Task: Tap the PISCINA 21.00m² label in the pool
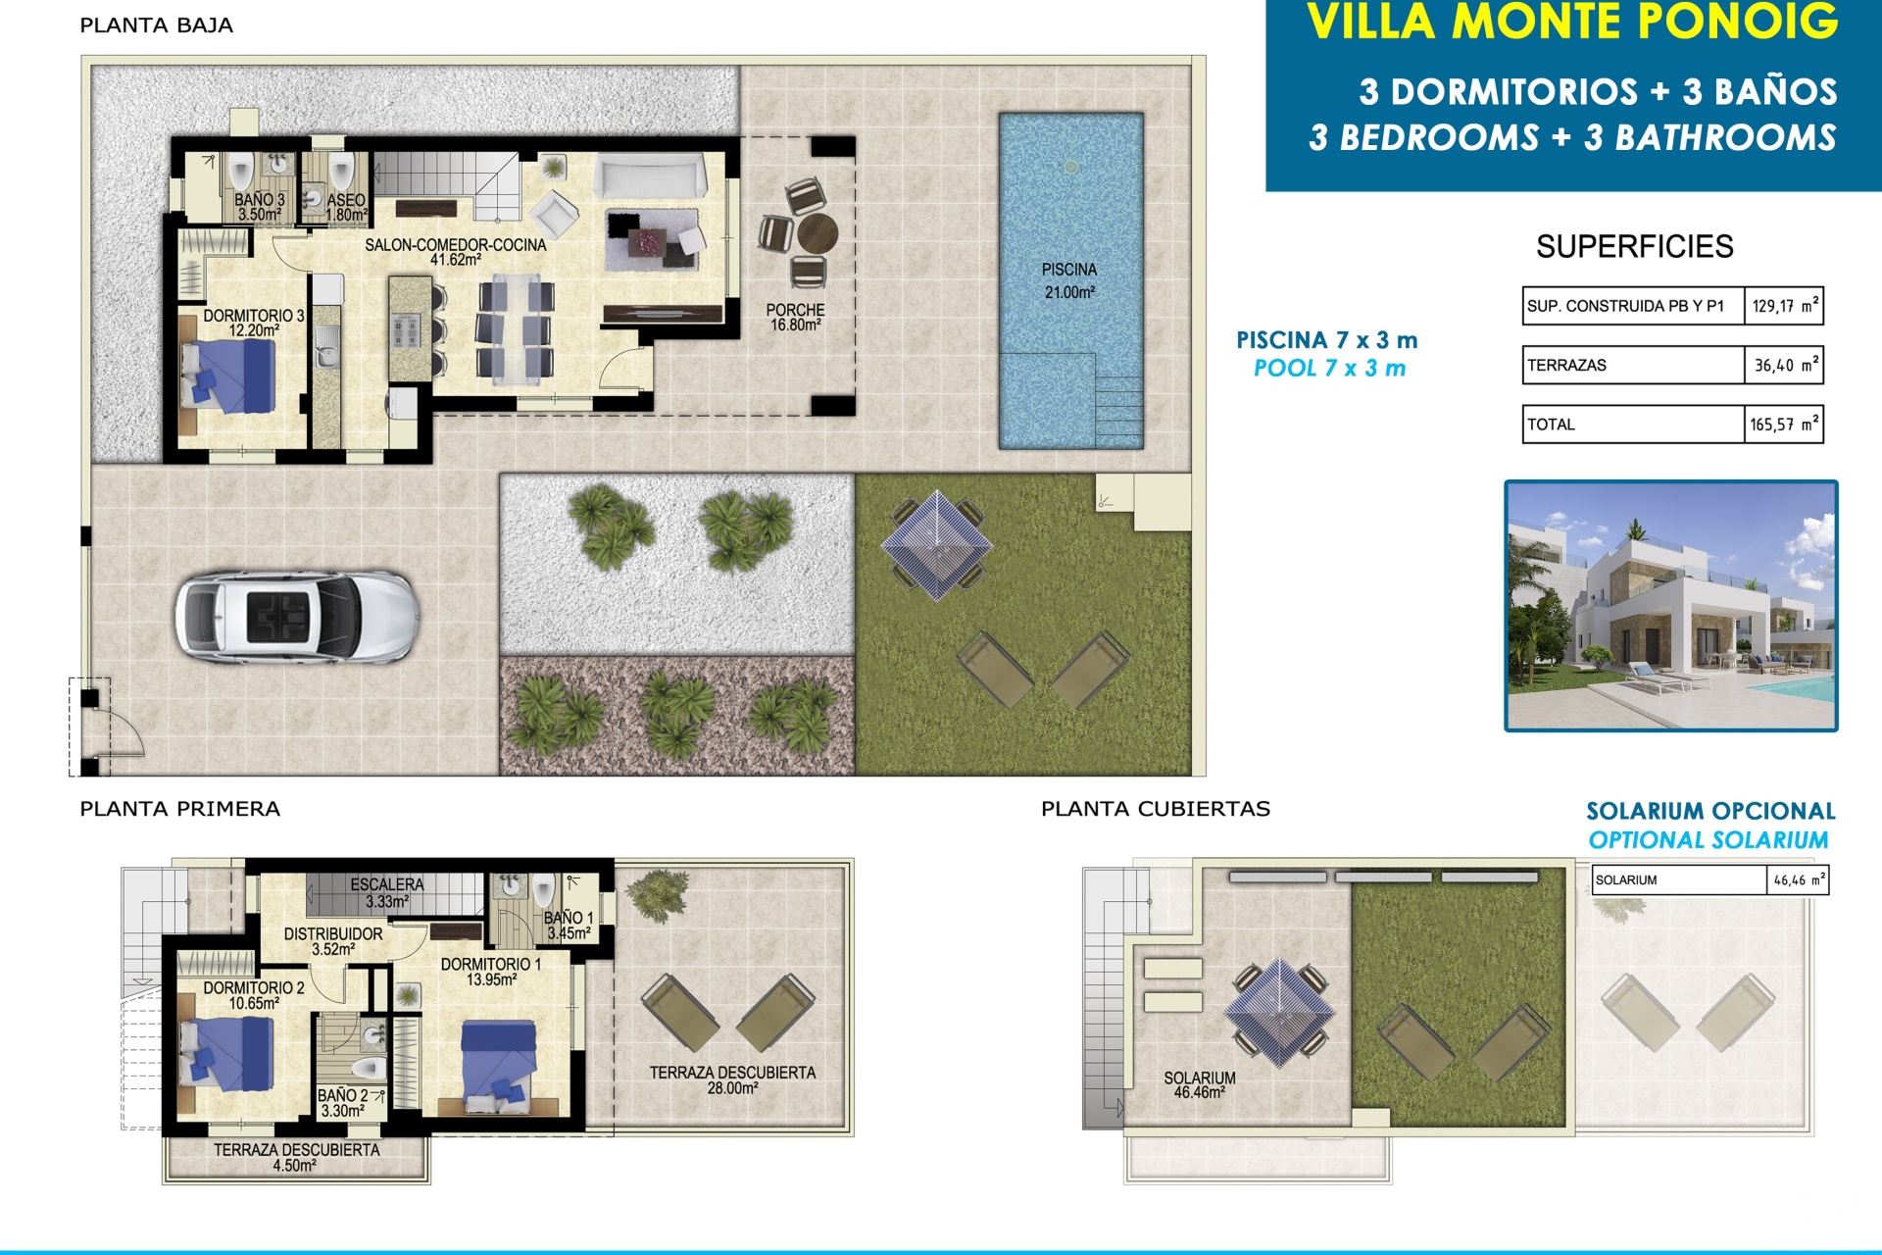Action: tap(1069, 280)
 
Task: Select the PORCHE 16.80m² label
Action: tap(795, 317)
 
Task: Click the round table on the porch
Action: tap(817, 234)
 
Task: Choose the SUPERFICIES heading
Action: tap(1634, 246)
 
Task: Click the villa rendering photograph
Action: tap(1671, 606)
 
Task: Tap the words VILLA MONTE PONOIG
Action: tap(1572, 22)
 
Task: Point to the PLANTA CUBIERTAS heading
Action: tap(1156, 809)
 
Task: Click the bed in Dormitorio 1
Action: tap(499, 1066)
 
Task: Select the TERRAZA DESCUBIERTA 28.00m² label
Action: tap(732, 1079)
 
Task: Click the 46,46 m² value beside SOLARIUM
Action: tap(1799, 880)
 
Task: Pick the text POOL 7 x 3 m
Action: tap(1329, 369)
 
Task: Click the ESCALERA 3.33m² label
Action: tap(387, 892)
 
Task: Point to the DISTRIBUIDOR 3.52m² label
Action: tap(333, 941)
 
